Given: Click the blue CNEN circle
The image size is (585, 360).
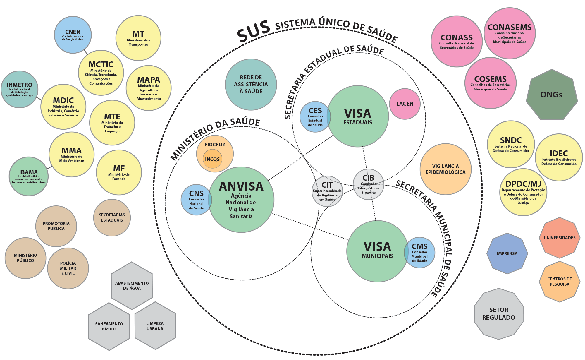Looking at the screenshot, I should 73,35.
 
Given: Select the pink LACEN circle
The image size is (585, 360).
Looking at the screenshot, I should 405,104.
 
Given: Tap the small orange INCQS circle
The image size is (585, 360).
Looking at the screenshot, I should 212,159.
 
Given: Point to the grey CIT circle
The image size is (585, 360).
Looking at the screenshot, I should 327,191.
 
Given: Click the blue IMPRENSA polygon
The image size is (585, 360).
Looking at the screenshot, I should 507,253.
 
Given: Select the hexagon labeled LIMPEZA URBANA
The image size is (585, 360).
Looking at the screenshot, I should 155,326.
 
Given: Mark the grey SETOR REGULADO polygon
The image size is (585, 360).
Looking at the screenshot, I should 499,314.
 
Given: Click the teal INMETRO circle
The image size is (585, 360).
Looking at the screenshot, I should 20,89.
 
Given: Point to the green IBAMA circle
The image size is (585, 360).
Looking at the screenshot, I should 28,176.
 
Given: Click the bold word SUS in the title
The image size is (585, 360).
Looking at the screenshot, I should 253,31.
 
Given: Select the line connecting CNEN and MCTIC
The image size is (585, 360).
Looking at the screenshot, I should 86,52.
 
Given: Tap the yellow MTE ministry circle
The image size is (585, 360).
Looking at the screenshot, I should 112,123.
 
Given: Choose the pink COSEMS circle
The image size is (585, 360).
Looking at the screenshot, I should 491,83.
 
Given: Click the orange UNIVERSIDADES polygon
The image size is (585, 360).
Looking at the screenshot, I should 560,238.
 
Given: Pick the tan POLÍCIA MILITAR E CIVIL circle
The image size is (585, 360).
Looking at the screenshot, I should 68,268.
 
